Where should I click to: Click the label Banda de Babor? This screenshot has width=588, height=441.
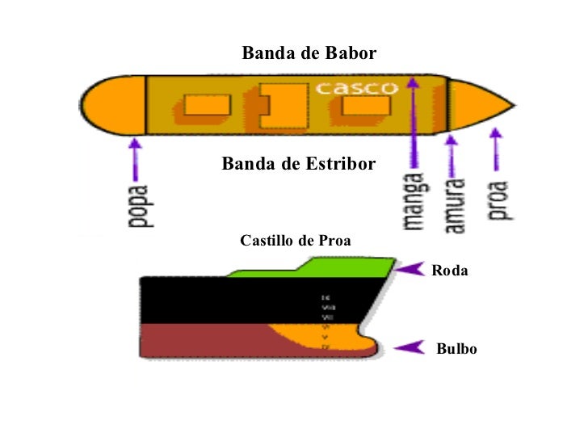[309, 54]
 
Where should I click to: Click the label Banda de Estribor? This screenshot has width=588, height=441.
[299, 165]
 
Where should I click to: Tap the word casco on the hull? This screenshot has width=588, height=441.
[356, 88]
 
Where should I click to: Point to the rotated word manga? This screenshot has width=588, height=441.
[414, 201]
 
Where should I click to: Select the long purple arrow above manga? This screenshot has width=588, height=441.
[413, 121]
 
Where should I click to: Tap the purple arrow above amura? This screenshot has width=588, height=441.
[451, 157]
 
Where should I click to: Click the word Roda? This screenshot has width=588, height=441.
[450, 271]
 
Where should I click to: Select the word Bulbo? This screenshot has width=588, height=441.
[456, 350]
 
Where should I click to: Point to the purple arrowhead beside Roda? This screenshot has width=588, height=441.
[414, 269]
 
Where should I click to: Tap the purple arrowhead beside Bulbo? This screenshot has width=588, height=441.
[409, 348]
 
